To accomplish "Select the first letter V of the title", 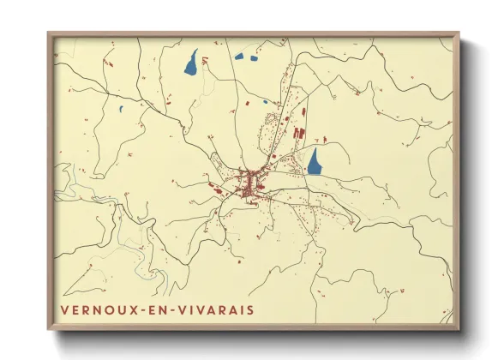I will click(64, 309).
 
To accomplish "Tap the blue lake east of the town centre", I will click(315, 161).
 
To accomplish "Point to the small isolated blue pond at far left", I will click(121, 109).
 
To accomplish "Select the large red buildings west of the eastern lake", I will click(298, 134).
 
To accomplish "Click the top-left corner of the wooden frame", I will click(49, 33).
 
